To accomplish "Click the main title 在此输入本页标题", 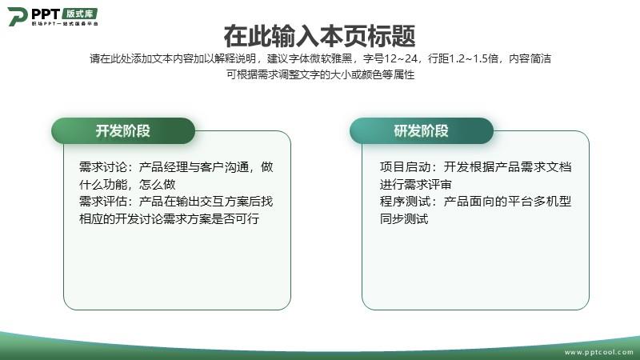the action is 319,36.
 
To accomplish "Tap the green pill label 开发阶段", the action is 123,131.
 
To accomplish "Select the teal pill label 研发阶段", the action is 422,131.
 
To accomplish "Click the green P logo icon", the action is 18,16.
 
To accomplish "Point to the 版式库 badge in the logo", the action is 80,14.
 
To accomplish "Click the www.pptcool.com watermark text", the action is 598,352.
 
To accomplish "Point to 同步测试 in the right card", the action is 404,218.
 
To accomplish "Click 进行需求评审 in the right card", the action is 415,185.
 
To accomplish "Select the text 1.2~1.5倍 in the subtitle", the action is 474,58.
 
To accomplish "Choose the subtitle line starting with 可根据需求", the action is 321,74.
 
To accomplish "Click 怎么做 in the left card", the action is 157,185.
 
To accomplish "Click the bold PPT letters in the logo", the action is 46,14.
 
